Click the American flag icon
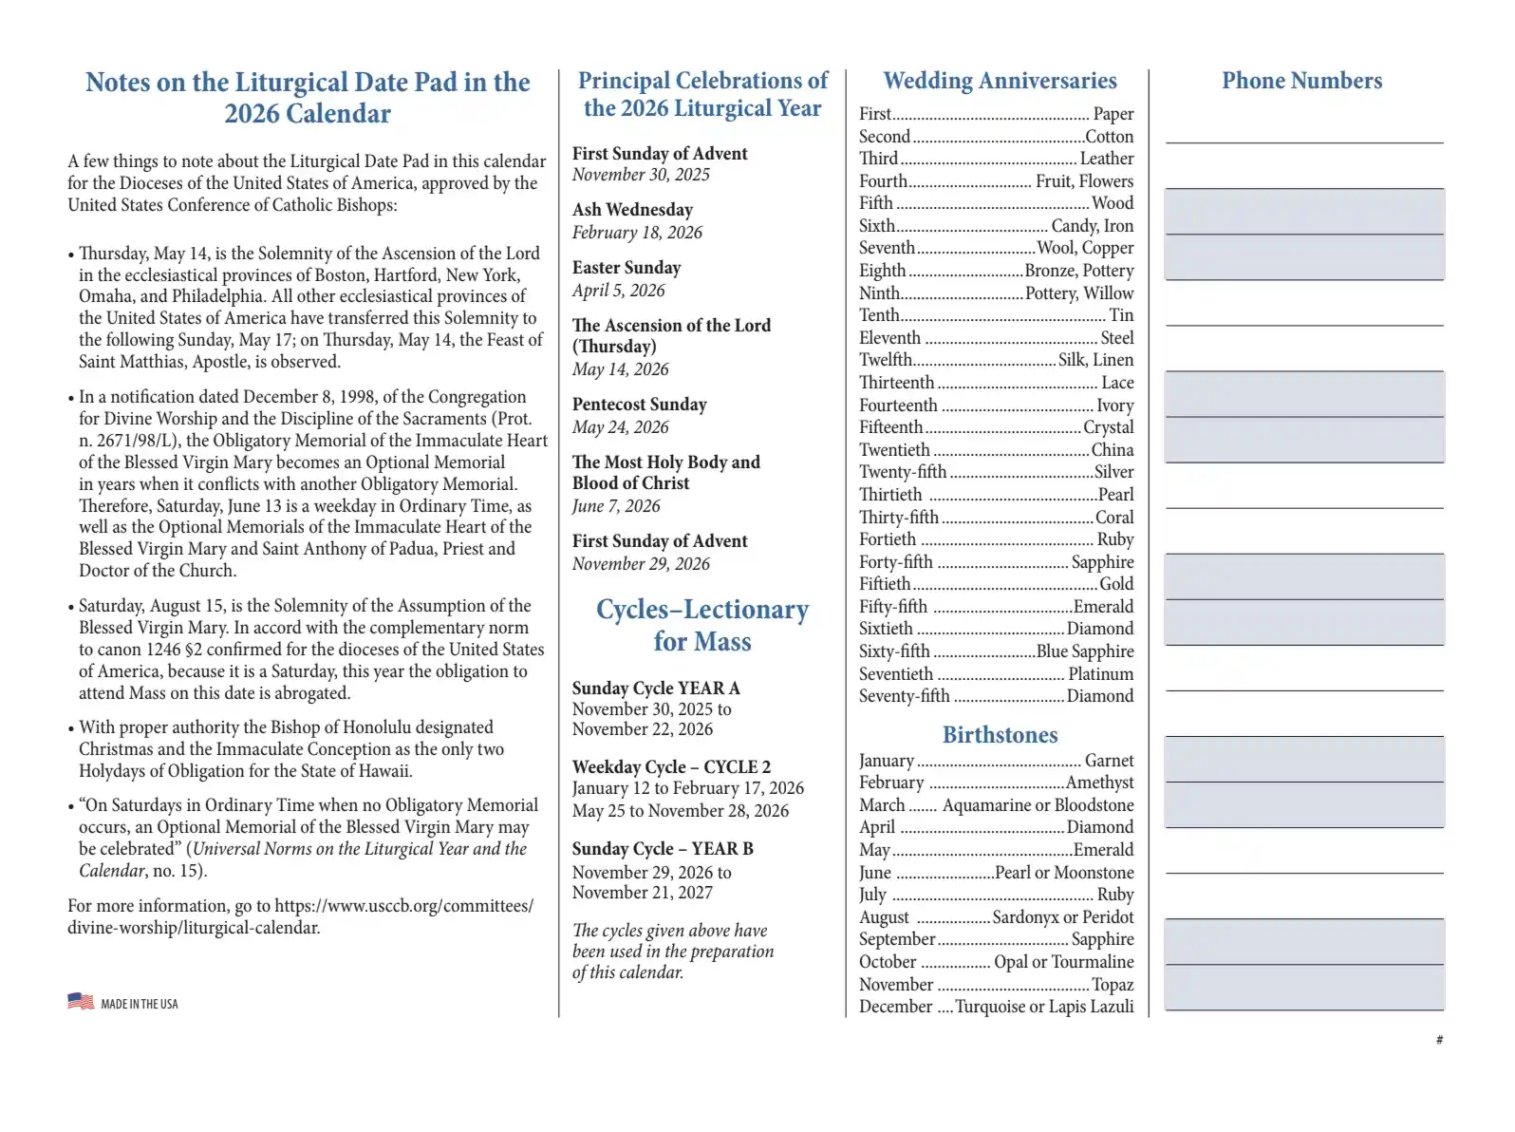81,1001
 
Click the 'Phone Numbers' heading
1301,81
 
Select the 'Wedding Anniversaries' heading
1000,81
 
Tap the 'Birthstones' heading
1000,735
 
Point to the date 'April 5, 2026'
618,291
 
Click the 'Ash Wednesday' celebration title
632,210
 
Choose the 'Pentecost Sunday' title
639,405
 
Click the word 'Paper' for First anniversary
1113,114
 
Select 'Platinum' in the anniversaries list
1100,674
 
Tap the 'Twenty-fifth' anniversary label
903,472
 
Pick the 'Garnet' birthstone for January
1109,761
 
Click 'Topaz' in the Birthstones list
1113,985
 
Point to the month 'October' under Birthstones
888,962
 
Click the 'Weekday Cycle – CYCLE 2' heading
671,767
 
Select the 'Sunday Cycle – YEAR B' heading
663,849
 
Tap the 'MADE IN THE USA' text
140,1004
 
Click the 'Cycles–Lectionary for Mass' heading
702,625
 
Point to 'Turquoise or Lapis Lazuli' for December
1044,1007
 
